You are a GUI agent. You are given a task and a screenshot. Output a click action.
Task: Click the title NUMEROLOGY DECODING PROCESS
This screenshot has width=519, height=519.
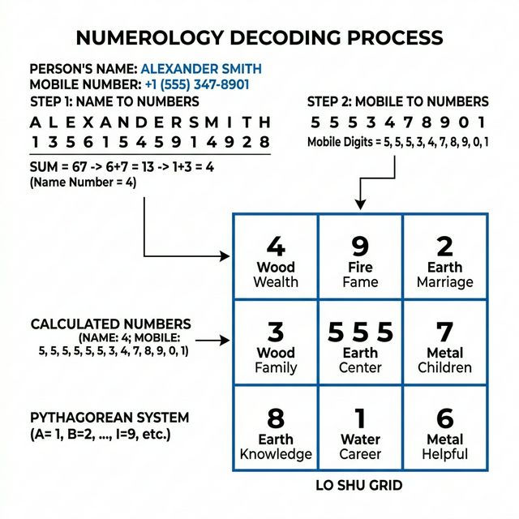(259, 37)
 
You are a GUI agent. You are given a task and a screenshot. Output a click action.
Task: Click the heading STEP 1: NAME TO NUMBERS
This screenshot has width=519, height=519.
(114, 102)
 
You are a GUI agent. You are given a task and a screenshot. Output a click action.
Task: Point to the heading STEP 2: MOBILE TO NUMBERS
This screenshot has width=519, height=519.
(398, 102)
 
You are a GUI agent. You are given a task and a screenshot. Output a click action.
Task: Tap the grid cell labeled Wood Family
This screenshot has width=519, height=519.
(276, 343)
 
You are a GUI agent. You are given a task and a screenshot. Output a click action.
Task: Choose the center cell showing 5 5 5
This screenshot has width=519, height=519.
(360, 343)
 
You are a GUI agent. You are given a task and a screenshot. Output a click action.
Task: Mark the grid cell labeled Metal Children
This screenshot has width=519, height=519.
(444, 343)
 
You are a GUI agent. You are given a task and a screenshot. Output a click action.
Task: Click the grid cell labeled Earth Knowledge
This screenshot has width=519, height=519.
(276, 430)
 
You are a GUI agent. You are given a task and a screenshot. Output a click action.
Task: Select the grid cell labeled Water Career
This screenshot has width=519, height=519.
(360, 430)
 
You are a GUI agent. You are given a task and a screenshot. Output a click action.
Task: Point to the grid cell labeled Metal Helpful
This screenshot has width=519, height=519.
(444, 430)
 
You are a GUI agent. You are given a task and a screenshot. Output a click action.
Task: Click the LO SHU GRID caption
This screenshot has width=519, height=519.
(359, 487)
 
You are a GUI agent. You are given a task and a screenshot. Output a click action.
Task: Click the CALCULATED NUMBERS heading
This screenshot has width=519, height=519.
(111, 324)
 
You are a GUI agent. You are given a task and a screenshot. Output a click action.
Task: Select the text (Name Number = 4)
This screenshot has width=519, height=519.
(83, 182)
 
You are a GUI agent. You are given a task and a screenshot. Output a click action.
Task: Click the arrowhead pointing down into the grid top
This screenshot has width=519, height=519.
(359, 208)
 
